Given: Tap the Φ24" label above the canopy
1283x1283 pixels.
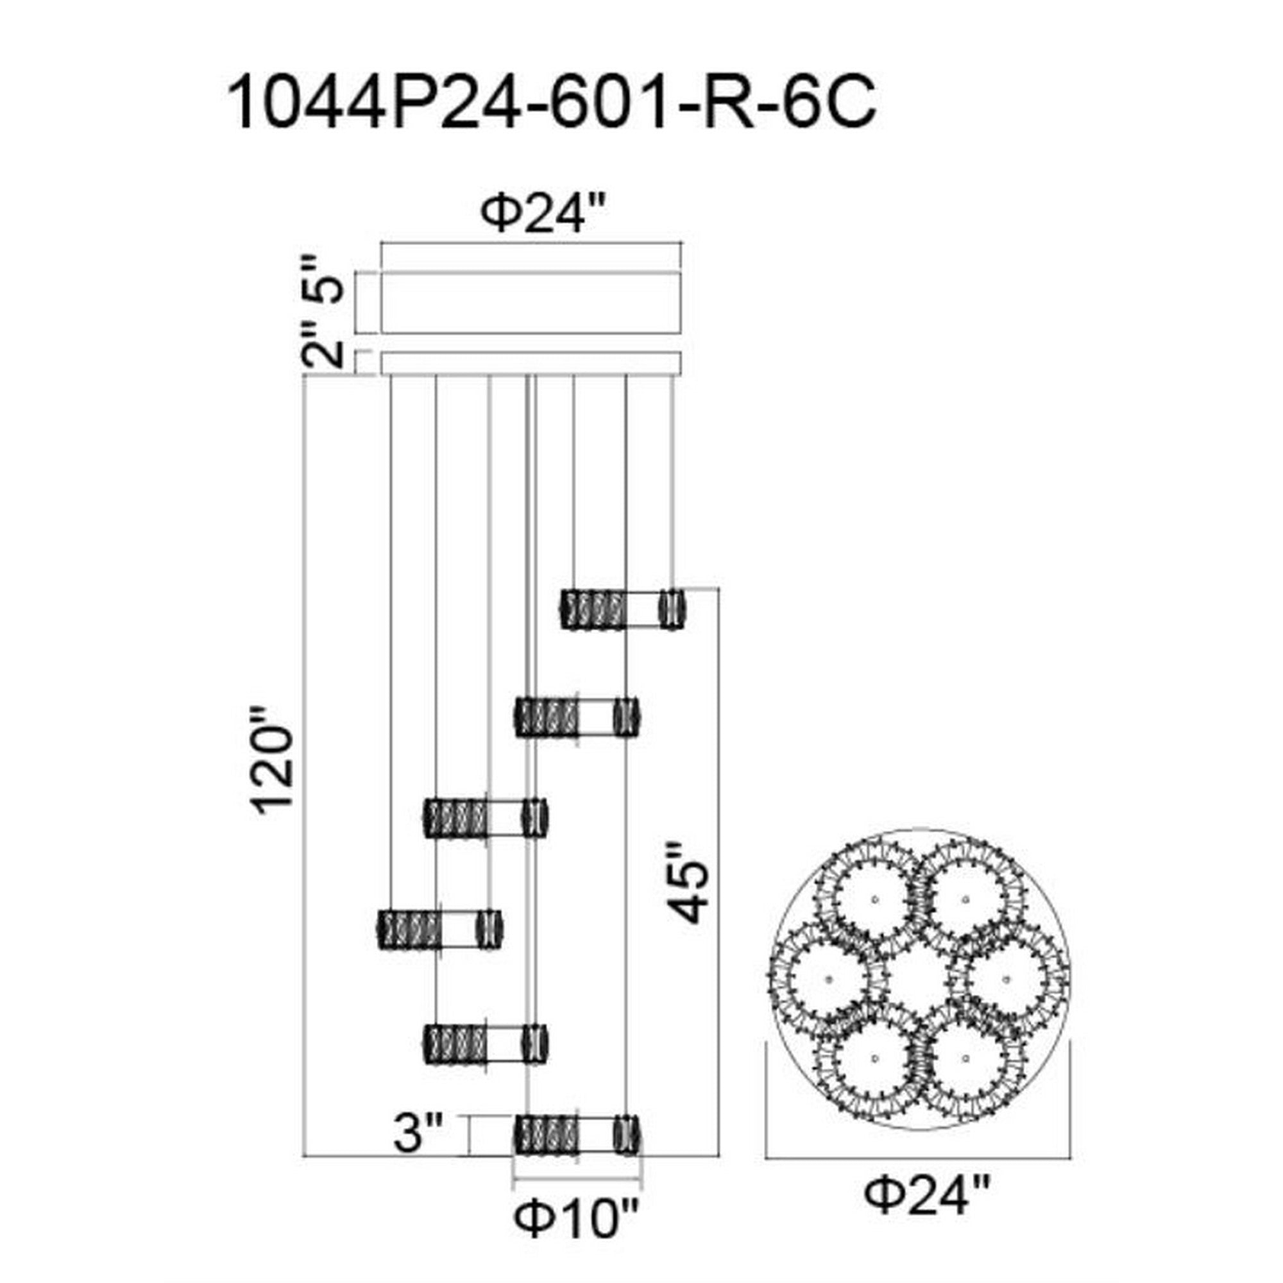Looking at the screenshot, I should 543,216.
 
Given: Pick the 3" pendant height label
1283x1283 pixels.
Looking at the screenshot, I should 417,1135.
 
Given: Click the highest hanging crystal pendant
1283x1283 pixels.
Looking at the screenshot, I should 624,609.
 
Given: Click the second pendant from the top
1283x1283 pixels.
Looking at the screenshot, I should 577,717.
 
